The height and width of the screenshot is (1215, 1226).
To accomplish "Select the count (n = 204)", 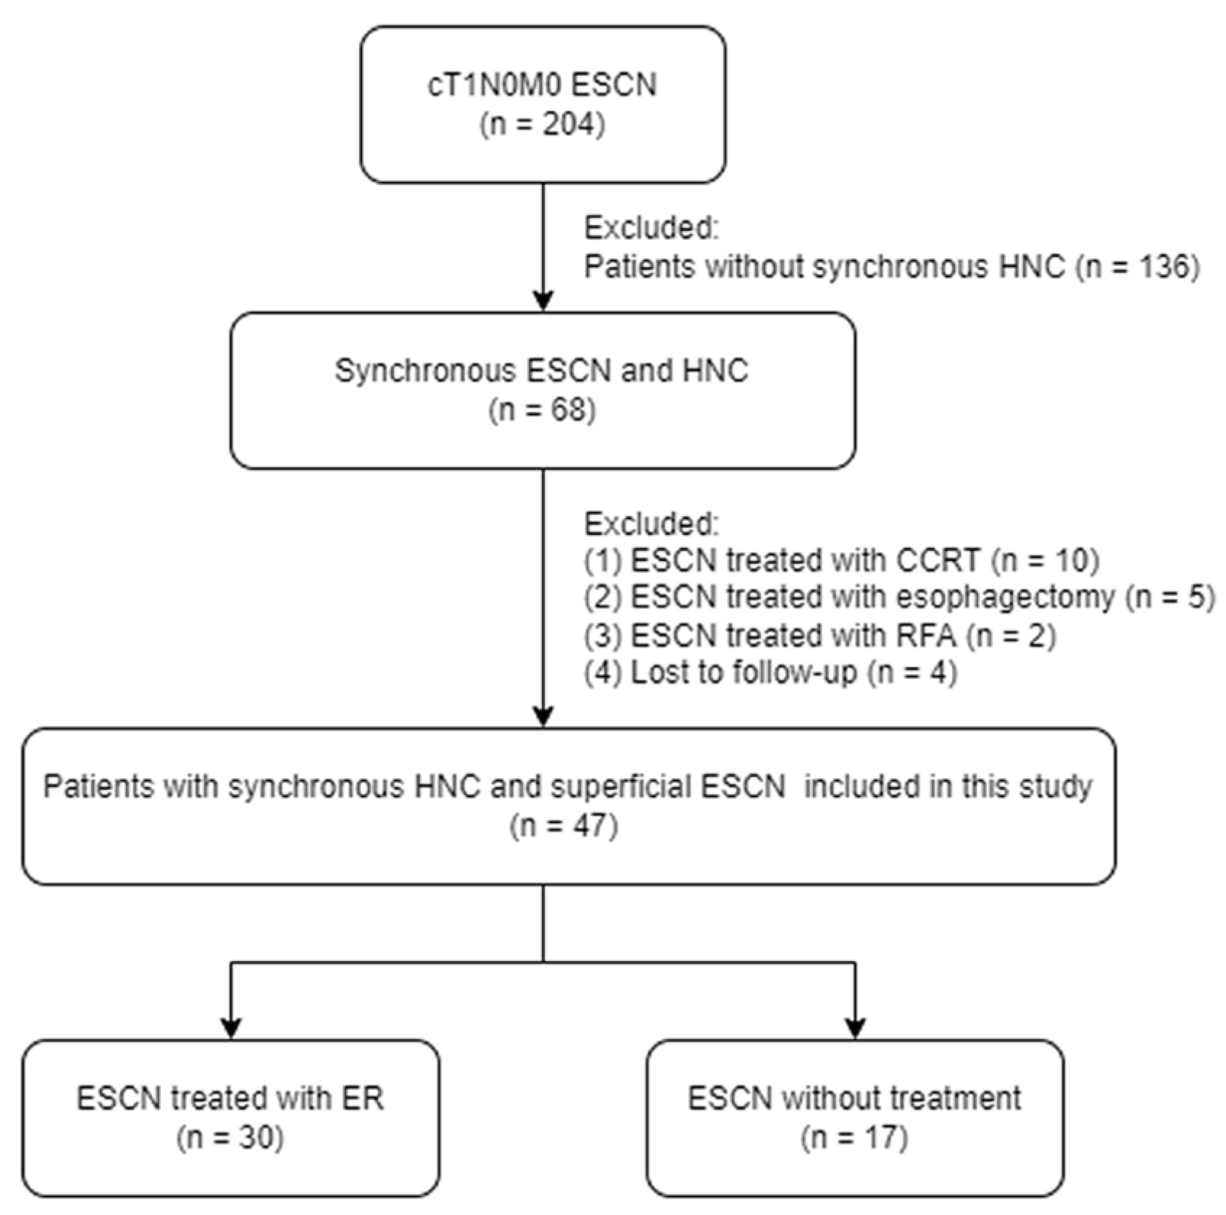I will (542, 125).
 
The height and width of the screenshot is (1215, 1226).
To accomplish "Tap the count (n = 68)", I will (542, 411).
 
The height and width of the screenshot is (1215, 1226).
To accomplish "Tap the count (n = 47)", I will (564, 826).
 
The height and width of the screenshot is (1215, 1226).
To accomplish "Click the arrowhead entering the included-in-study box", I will (543, 716).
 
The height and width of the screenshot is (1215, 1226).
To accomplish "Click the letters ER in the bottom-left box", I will (362, 1098).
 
